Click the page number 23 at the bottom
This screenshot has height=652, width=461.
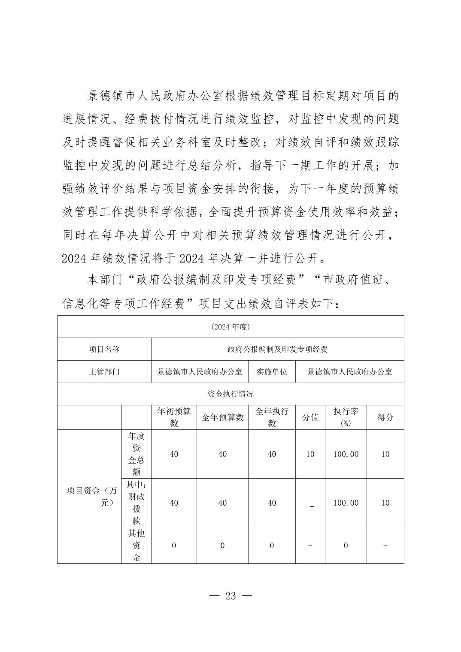(x=230, y=596)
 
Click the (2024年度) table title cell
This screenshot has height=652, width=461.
(x=230, y=327)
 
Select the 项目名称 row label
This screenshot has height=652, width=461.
(x=104, y=349)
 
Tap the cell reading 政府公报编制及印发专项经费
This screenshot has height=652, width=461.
(x=277, y=349)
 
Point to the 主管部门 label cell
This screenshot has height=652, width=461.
(x=104, y=371)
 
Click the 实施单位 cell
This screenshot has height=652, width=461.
(x=272, y=371)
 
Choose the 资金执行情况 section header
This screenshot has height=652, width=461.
(x=230, y=394)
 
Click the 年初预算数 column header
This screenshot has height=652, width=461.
(x=174, y=417)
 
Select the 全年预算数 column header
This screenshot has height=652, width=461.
(x=222, y=417)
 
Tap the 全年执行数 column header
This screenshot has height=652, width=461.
(x=272, y=417)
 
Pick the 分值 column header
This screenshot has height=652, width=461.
(x=310, y=417)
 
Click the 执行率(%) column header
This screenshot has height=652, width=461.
(x=346, y=417)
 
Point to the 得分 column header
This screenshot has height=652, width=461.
(x=385, y=417)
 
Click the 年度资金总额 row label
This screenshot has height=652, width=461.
(x=136, y=454)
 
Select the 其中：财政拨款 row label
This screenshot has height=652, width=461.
(x=136, y=503)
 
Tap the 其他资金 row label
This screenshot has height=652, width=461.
(x=136, y=545)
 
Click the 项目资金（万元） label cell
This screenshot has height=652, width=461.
(x=90, y=496)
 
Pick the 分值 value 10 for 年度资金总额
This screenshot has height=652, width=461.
(x=310, y=454)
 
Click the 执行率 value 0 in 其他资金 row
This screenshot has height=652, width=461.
(x=346, y=546)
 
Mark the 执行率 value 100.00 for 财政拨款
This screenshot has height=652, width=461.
(x=346, y=503)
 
